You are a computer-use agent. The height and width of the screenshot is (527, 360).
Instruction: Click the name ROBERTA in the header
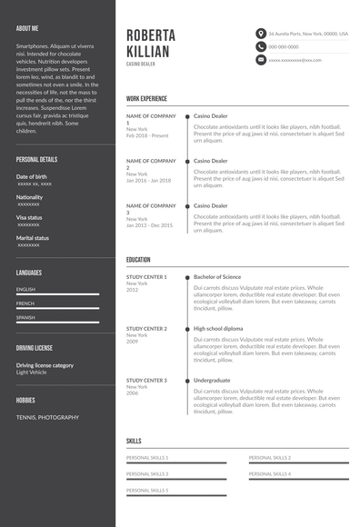(152, 35)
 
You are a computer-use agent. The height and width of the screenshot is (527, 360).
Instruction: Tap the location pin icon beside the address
(260, 34)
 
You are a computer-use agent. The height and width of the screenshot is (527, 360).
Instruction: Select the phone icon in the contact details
(260, 46)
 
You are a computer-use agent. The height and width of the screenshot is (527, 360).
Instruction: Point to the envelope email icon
(260, 60)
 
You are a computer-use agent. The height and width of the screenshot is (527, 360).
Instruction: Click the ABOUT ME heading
(27, 28)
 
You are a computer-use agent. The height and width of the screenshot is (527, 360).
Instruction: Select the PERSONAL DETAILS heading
(36, 159)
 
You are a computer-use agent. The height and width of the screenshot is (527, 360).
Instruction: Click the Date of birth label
(32, 176)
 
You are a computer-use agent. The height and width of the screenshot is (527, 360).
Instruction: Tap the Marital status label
(33, 238)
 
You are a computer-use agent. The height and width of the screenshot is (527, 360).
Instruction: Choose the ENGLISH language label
(25, 290)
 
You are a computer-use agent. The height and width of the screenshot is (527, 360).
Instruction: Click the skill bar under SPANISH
(57, 323)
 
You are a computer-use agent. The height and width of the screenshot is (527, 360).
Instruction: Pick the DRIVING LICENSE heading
(35, 348)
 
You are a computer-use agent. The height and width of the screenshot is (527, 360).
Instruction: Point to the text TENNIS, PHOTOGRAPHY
(47, 417)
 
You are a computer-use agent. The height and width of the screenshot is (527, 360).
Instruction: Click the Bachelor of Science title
(217, 276)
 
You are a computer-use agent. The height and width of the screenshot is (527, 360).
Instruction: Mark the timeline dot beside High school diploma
(186, 329)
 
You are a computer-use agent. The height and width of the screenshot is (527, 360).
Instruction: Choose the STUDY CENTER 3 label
(146, 380)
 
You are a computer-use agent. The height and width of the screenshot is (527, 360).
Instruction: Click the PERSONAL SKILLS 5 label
(147, 490)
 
